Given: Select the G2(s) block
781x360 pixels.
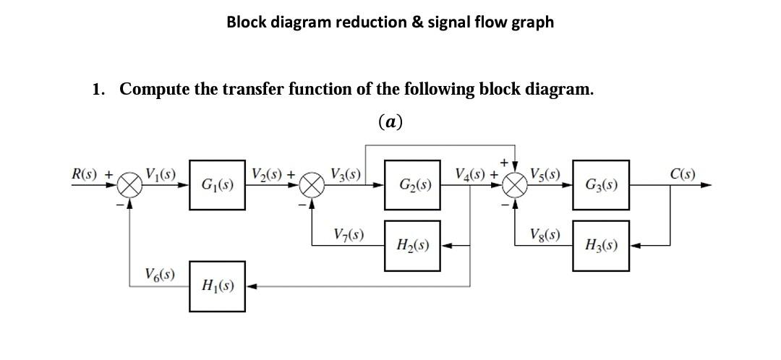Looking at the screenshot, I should point(412,185).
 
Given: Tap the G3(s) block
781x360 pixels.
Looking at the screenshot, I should point(600,185).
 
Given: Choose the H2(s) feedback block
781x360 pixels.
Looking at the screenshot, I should point(412,246).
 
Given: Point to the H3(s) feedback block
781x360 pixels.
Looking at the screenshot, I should point(600,246).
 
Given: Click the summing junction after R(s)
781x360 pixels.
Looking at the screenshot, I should point(130,186).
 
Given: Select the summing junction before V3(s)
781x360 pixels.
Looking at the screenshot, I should point(312,186).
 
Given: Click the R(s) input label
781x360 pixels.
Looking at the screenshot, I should point(87,174).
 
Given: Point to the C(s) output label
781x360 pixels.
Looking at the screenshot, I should point(683,174).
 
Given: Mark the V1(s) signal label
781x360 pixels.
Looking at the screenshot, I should point(161,174).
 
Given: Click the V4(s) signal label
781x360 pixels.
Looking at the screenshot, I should point(471,174).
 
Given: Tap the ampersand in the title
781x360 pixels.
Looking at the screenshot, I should point(418,22).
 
